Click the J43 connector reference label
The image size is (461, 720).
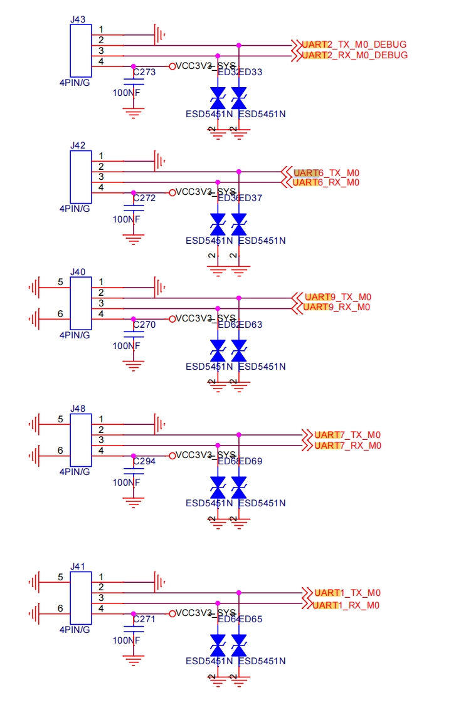(x=78, y=19)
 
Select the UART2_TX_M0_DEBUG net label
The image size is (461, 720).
(x=354, y=44)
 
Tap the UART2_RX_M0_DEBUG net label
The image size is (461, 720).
(x=354, y=55)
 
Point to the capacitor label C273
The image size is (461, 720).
(x=144, y=72)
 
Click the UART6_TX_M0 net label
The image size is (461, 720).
(x=326, y=172)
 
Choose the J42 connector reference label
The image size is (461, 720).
(x=78, y=145)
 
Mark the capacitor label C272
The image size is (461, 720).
(x=144, y=197)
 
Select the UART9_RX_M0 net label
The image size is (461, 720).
(x=337, y=307)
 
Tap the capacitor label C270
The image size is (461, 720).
(x=144, y=325)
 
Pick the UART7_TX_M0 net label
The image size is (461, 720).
(x=347, y=435)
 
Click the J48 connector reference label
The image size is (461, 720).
(x=78, y=408)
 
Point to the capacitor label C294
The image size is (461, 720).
(x=144, y=461)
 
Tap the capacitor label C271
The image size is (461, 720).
(x=144, y=618)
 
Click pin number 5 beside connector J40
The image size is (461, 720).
(x=60, y=282)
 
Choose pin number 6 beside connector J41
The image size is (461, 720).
(x=60, y=608)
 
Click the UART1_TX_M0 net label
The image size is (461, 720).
(x=347, y=593)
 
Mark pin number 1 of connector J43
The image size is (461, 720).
(x=101, y=30)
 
